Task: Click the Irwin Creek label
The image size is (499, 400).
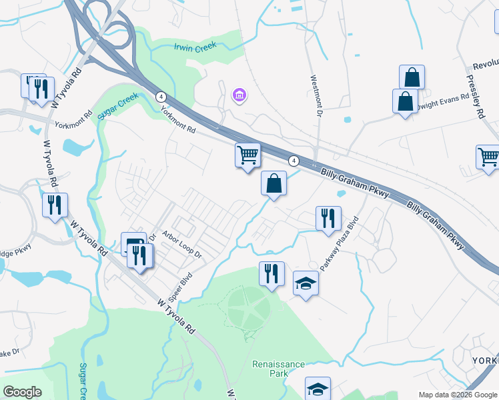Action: click(195, 47)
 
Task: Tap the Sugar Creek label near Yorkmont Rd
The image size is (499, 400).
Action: click(117, 106)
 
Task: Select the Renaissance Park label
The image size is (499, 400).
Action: click(278, 369)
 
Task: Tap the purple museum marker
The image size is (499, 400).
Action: click(239, 96)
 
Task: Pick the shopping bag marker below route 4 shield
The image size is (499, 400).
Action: click(274, 184)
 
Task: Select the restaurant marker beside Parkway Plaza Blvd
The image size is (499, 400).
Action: click(328, 219)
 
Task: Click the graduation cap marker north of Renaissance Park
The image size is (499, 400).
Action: click(306, 284)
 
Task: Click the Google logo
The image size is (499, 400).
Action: click(23, 391)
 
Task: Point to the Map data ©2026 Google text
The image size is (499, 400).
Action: click(457, 395)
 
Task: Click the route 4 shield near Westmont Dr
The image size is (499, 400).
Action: click(293, 161)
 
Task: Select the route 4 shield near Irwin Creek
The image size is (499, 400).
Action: click(161, 97)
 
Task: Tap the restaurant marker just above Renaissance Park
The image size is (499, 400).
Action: click(272, 274)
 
